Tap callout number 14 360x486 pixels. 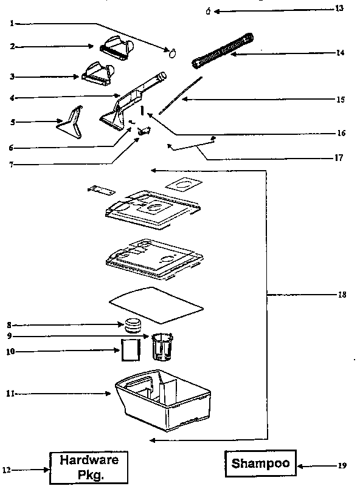(x=340, y=53)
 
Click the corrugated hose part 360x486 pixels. (x=223, y=50)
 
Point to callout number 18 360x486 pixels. (x=341, y=295)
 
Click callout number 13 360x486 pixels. (x=339, y=9)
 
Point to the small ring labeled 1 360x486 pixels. (x=172, y=52)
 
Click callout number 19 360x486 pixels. (x=342, y=466)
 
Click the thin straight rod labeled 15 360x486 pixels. (x=181, y=95)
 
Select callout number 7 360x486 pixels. (x=10, y=163)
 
